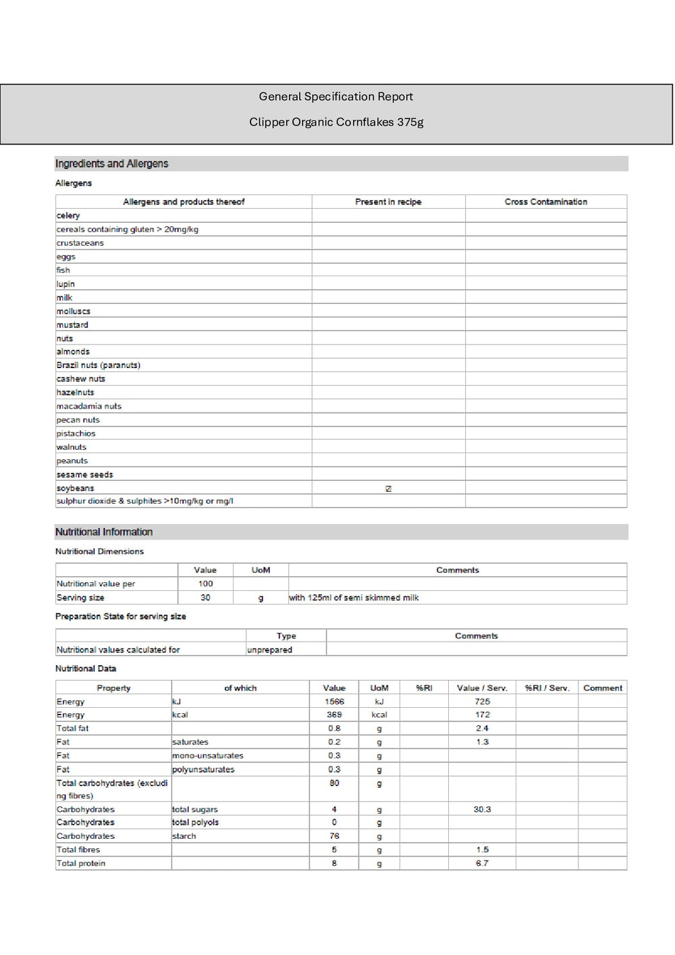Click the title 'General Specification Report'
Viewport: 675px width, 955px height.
coord(335,97)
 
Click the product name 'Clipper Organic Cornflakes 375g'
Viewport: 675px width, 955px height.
coord(336,122)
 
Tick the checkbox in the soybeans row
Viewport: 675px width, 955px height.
coord(388,488)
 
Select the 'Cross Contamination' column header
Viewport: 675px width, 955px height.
coord(545,202)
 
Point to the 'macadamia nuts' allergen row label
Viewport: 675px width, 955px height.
coord(88,406)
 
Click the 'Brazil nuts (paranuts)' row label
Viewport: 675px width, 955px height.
coord(98,365)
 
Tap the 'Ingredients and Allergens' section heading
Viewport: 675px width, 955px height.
coord(111,163)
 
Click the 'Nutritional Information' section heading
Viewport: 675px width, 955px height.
coord(104,532)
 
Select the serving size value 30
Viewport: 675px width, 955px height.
coord(205,598)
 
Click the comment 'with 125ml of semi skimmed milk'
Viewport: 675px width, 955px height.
coord(354,598)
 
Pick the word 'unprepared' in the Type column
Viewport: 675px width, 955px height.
coord(269,650)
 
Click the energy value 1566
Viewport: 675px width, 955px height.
coord(334,702)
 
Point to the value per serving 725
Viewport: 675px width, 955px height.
coord(482,702)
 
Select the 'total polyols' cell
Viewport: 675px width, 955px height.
coord(195,823)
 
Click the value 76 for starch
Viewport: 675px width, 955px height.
coord(334,836)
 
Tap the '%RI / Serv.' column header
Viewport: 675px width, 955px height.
coord(547,688)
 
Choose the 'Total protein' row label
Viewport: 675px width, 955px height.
coord(81,863)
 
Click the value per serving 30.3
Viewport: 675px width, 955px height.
coord(482,809)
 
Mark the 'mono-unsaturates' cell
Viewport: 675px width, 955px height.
coord(207,756)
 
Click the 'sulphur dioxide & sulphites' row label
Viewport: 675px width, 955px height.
coord(144,501)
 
